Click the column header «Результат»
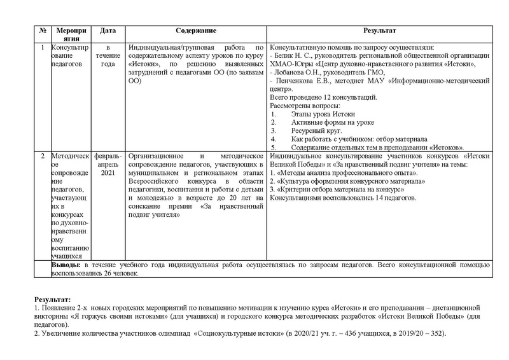[x=380, y=31]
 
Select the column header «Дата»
[x=108, y=31]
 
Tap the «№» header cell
[x=42, y=31]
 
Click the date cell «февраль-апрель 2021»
[x=108, y=164]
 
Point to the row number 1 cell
[x=42, y=48]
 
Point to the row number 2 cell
[x=42, y=155]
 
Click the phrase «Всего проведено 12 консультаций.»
[x=324, y=97]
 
